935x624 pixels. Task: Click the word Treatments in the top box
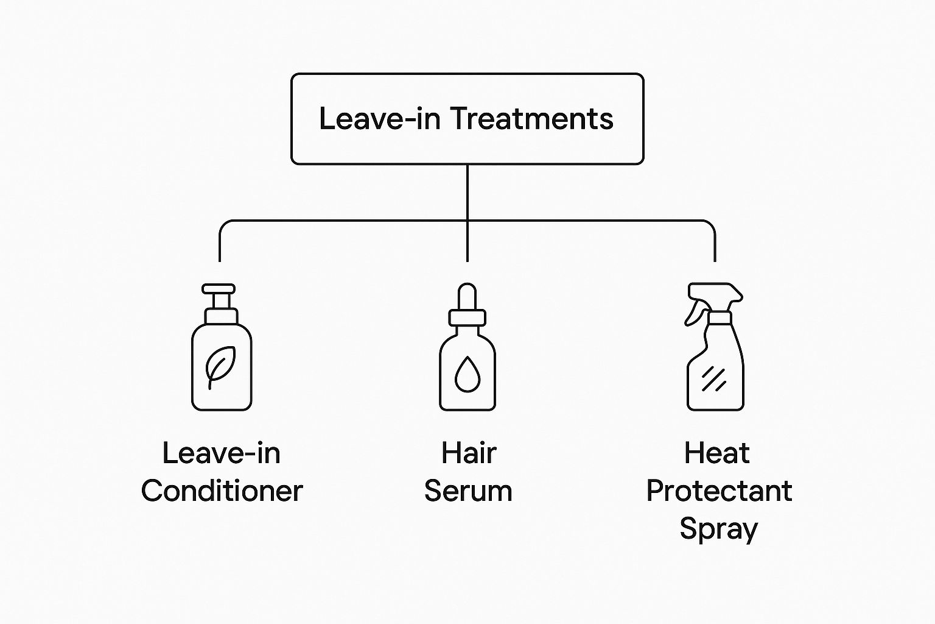pos(531,118)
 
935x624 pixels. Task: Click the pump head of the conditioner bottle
pos(219,289)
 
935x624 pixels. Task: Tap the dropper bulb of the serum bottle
pos(467,296)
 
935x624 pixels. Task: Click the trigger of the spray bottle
pos(695,314)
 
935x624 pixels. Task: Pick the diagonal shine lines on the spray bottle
pos(713,379)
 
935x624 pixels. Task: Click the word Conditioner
pos(222,491)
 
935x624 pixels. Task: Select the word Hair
pos(468,453)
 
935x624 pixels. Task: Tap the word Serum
pos(468,491)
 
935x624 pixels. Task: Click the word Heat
pos(716,453)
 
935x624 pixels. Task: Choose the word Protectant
pos(719,491)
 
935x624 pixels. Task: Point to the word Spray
pos(718,529)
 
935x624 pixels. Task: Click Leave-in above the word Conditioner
pos(222,453)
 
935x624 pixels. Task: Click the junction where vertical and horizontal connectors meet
pos(467,221)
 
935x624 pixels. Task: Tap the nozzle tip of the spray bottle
pos(737,295)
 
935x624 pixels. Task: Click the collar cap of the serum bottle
pos(467,317)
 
